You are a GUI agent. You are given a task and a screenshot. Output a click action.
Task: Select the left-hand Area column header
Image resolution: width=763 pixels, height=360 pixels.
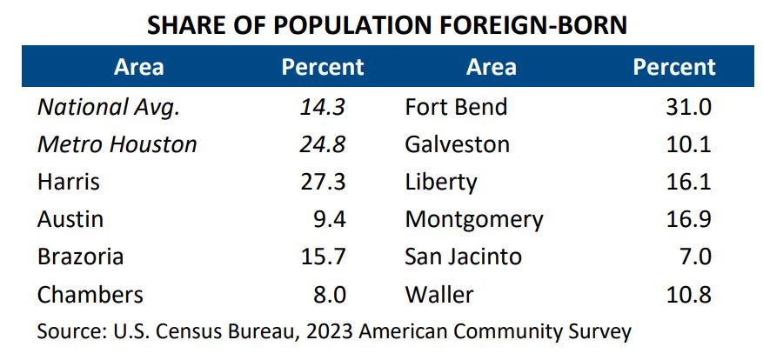(x=138, y=67)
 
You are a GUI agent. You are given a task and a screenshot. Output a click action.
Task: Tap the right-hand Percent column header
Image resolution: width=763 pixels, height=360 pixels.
(x=674, y=67)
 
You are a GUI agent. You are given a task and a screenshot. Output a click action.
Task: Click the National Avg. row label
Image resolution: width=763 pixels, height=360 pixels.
(x=108, y=107)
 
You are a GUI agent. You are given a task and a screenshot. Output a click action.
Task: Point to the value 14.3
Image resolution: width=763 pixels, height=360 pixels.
(x=324, y=107)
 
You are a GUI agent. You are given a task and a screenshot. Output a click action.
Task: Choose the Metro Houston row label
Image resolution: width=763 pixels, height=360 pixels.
(x=117, y=144)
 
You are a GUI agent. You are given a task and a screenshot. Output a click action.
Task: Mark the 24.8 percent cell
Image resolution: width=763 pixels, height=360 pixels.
(x=323, y=144)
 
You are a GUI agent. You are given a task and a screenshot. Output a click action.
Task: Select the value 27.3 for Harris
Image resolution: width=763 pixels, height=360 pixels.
(x=323, y=182)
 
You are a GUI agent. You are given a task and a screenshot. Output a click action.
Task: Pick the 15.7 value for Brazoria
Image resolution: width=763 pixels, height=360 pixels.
(x=323, y=257)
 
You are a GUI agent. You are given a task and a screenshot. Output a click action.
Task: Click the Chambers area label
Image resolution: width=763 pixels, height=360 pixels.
(x=90, y=295)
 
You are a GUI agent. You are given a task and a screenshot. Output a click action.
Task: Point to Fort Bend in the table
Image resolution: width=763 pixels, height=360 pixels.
(x=456, y=107)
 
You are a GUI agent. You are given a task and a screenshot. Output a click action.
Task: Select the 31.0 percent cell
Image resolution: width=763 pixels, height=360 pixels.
(x=688, y=107)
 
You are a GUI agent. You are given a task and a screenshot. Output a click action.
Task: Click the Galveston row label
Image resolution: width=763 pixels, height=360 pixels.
(x=457, y=144)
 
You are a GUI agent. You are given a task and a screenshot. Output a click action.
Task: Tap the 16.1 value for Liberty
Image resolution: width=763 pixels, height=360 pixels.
(x=688, y=182)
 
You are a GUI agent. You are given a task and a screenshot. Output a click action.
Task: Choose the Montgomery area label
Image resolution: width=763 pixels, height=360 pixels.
(x=474, y=219)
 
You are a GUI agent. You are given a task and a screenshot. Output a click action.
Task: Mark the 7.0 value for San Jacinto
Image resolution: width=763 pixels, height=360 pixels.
(x=693, y=257)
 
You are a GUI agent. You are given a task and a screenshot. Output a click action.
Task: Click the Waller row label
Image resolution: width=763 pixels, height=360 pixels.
(x=439, y=295)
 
